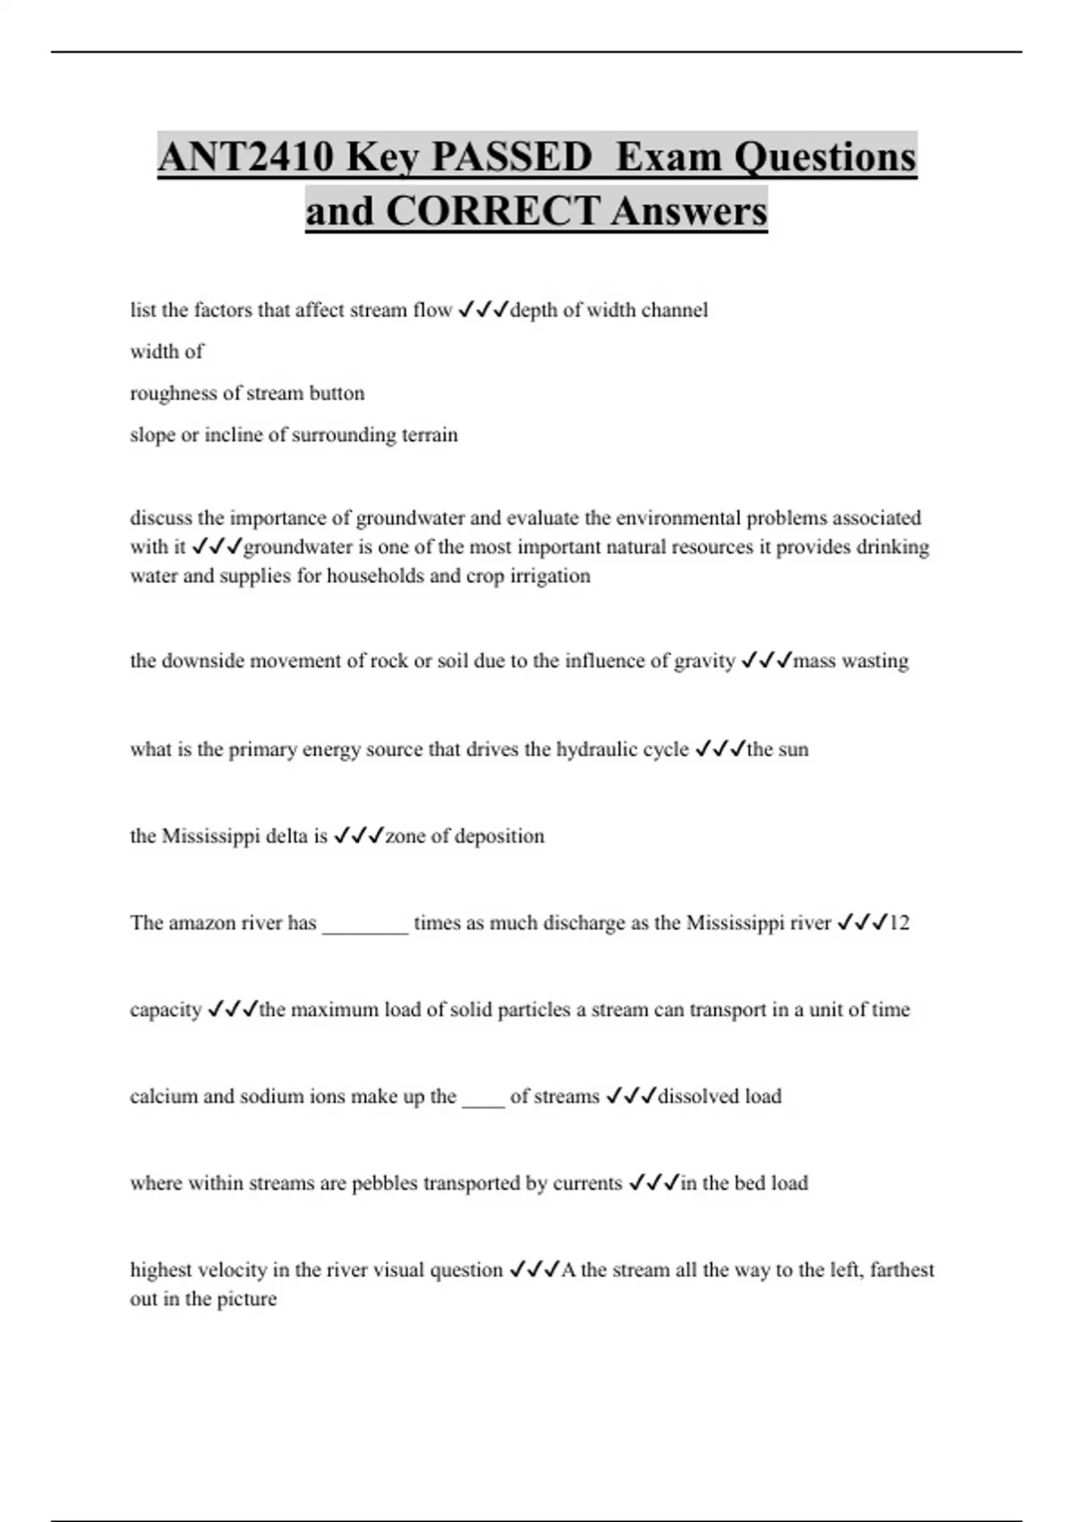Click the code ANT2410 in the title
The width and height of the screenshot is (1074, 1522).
[246, 158]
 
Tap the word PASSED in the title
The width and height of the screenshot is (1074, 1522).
[512, 158]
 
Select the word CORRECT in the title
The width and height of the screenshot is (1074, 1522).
[492, 212]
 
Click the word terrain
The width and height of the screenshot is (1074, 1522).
[430, 435]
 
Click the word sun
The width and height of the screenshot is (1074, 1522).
[793, 749]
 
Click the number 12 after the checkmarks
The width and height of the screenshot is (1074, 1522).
[899, 923]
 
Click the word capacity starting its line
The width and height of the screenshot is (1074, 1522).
[166, 1011]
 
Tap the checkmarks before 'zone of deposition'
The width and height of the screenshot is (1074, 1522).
[358, 836]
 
